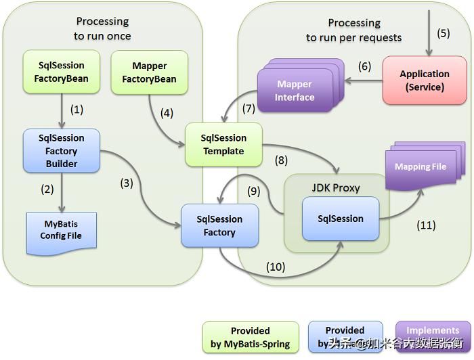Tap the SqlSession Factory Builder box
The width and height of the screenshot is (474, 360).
pos(62,151)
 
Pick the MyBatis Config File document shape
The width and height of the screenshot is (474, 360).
pos(61,229)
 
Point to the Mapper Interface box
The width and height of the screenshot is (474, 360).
pos(295,91)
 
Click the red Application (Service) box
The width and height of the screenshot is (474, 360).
pos(425,81)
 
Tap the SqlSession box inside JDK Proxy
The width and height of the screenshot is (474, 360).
pos(341,219)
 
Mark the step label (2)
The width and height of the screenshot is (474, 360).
pos(47,189)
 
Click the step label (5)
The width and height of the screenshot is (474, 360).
pos(443,32)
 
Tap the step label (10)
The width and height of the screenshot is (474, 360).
pos(276,267)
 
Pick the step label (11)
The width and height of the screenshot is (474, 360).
pos(426,225)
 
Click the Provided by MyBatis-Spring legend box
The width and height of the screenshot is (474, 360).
pos(250,337)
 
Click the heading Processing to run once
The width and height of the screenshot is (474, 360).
pos(102,29)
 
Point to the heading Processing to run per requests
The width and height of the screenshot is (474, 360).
pos(353,30)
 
